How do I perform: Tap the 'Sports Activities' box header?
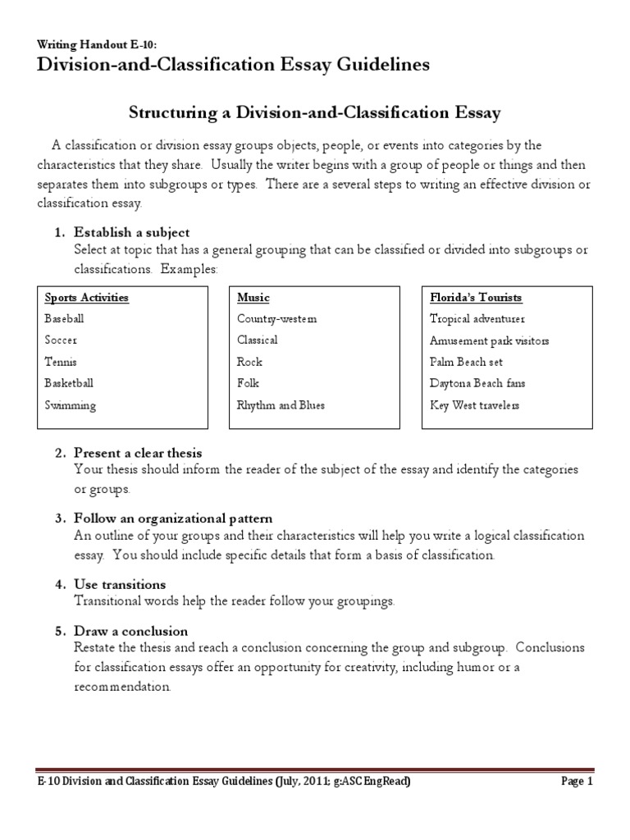86,297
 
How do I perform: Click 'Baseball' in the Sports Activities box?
64,318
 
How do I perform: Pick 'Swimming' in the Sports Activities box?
70,404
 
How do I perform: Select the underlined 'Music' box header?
253,297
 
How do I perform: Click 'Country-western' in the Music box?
276,318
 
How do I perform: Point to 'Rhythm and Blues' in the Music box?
281,404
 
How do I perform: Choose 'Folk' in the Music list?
248,383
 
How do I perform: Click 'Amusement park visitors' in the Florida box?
489,340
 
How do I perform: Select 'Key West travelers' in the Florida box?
474,404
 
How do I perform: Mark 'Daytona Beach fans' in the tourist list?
477,383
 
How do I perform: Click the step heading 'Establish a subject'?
131,232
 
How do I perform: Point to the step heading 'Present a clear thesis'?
138,453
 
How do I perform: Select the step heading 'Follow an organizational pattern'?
173,518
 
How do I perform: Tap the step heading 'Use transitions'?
120,584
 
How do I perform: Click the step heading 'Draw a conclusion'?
130,631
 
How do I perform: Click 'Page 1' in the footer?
577,782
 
